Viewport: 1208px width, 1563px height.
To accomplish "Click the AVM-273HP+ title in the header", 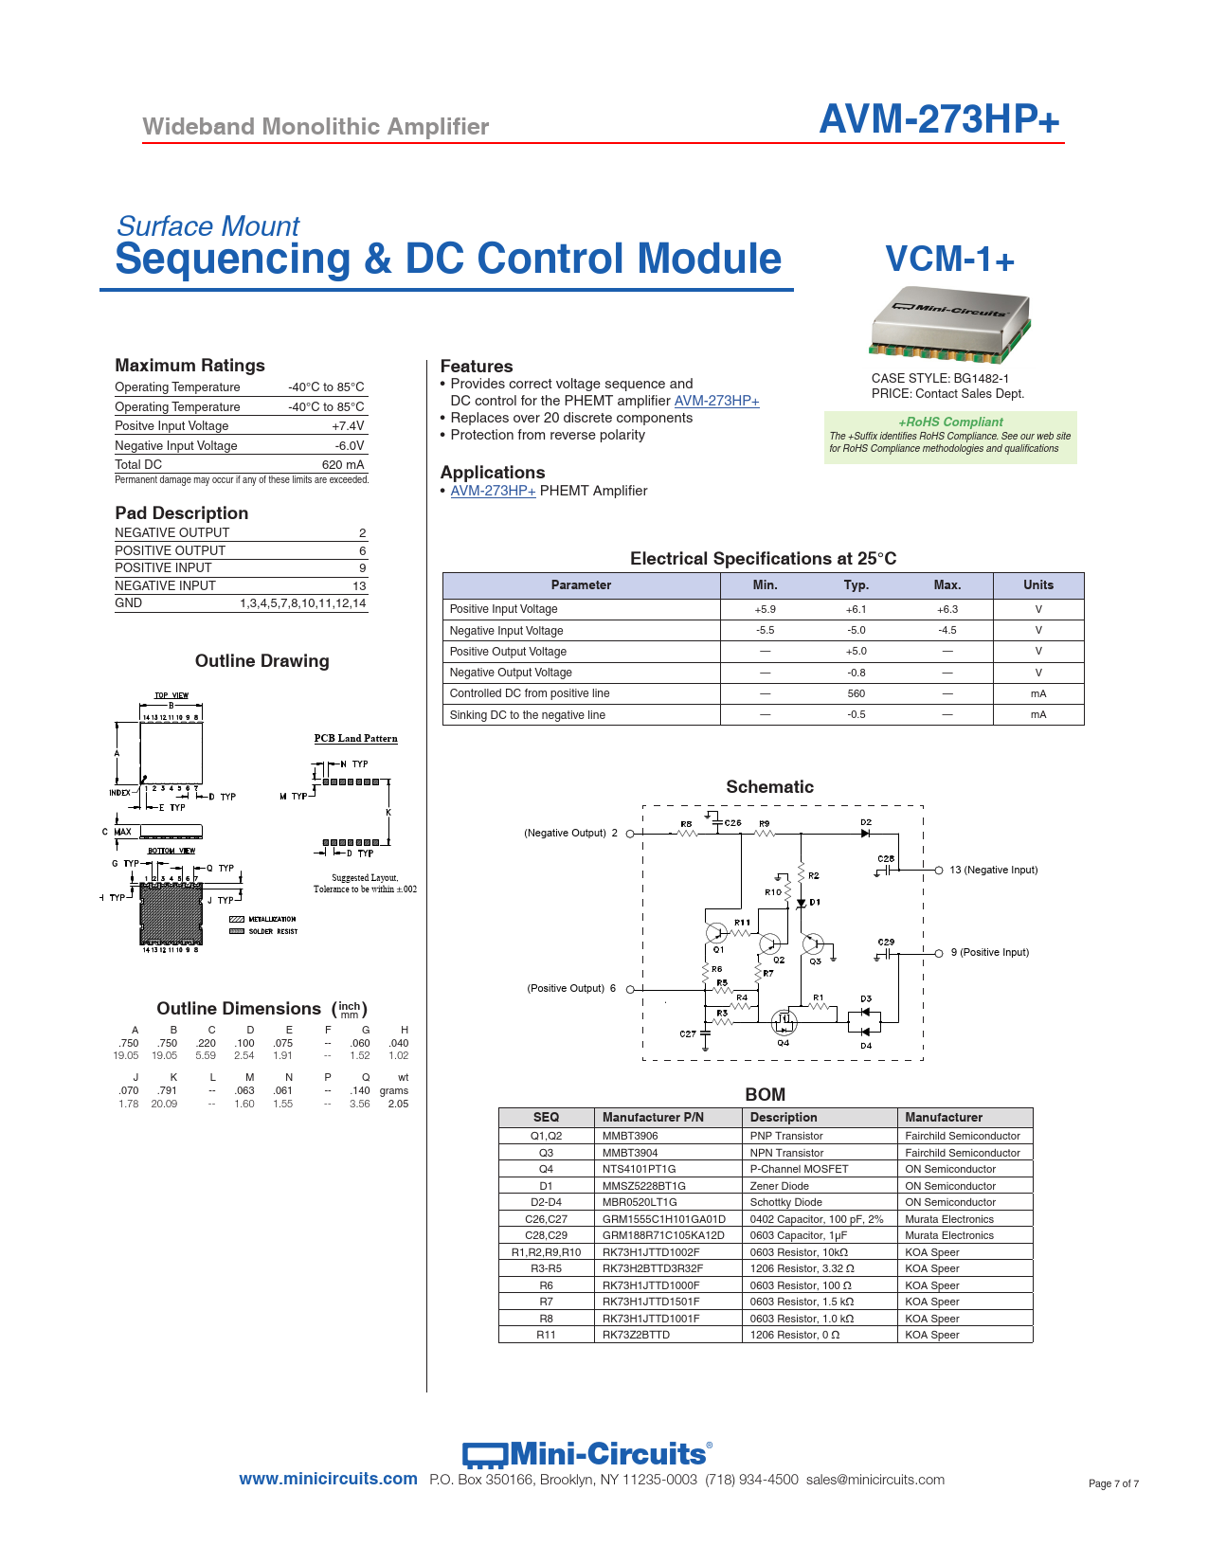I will tap(938, 119).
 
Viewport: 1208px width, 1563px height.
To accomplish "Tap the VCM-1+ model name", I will tap(949, 260).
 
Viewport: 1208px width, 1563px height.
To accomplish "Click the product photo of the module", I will tap(949, 324).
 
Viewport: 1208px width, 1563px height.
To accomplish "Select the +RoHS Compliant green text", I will tap(950, 422).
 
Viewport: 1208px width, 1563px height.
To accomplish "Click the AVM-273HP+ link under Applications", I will tap(493, 491).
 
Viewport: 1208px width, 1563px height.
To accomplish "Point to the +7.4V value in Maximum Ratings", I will tap(348, 426).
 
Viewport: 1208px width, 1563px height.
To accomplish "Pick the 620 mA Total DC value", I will tap(343, 465).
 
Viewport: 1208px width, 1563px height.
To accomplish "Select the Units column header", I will tap(1038, 585).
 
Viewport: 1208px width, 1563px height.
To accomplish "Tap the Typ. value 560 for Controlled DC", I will tap(856, 694).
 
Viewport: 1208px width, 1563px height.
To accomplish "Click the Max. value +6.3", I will tap(947, 609).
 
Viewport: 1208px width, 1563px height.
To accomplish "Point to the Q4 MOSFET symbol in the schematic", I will tap(784, 1022).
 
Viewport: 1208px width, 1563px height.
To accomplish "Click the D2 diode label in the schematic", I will tap(866, 822).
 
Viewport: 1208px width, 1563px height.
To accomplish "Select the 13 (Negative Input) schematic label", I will tap(993, 870).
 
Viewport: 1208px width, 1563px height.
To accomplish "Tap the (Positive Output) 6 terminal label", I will tap(571, 988).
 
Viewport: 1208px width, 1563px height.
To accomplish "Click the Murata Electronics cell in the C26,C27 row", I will tap(949, 1219).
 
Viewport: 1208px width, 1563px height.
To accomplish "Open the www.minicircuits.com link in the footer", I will tap(328, 1479).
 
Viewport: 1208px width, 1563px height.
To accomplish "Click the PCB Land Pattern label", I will tap(356, 739).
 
